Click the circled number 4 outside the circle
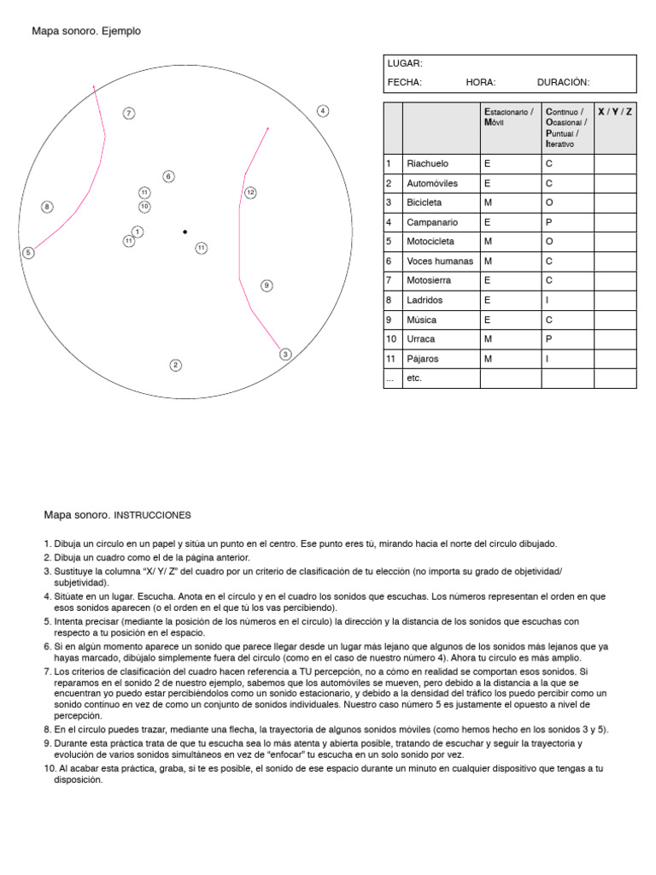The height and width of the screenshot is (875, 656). tap(323, 111)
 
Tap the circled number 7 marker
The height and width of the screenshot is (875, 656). tap(128, 114)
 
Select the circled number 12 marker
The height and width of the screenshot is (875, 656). tap(250, 193)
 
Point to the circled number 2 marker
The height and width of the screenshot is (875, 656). tap(175, 366)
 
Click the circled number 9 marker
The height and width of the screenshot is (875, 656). tap(266, 285)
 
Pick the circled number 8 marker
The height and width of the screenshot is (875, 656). tap(47, 207)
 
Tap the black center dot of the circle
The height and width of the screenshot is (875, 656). tap(184, 232)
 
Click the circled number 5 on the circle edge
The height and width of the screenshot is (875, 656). tap(28, 252)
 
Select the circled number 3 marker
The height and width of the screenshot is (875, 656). tap(285, 354)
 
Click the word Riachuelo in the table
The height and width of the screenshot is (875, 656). tap(428, 164)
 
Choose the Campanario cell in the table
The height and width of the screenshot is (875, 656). tap(432, 222)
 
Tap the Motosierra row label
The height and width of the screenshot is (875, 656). tap(430, 280)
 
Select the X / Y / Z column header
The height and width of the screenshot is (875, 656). tap(614, 113)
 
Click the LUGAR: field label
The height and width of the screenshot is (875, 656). tap(405, 63)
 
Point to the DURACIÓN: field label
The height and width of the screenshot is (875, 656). tap(563, 83)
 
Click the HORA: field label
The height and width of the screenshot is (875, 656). tap(481, 83)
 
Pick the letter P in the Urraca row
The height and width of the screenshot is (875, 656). tap(549, 339)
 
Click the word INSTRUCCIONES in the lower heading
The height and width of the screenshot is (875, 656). tap(153, 516)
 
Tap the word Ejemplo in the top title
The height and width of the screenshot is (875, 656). tap(121, 32)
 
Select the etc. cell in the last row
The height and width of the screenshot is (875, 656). tap(414, 379)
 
